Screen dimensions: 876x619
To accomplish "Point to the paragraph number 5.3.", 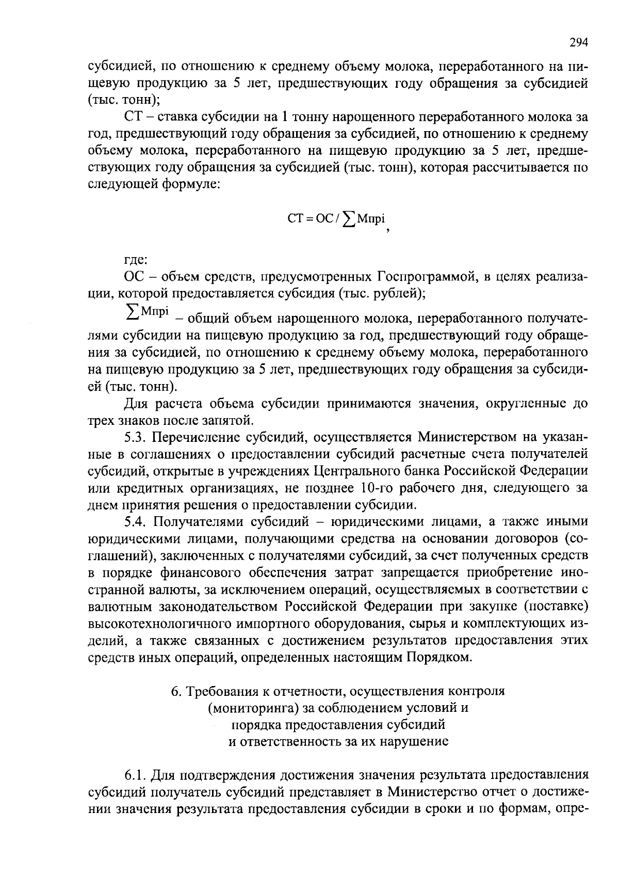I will click(x=136, y=438).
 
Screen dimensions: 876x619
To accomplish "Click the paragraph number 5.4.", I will click(x=136, y=522).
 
